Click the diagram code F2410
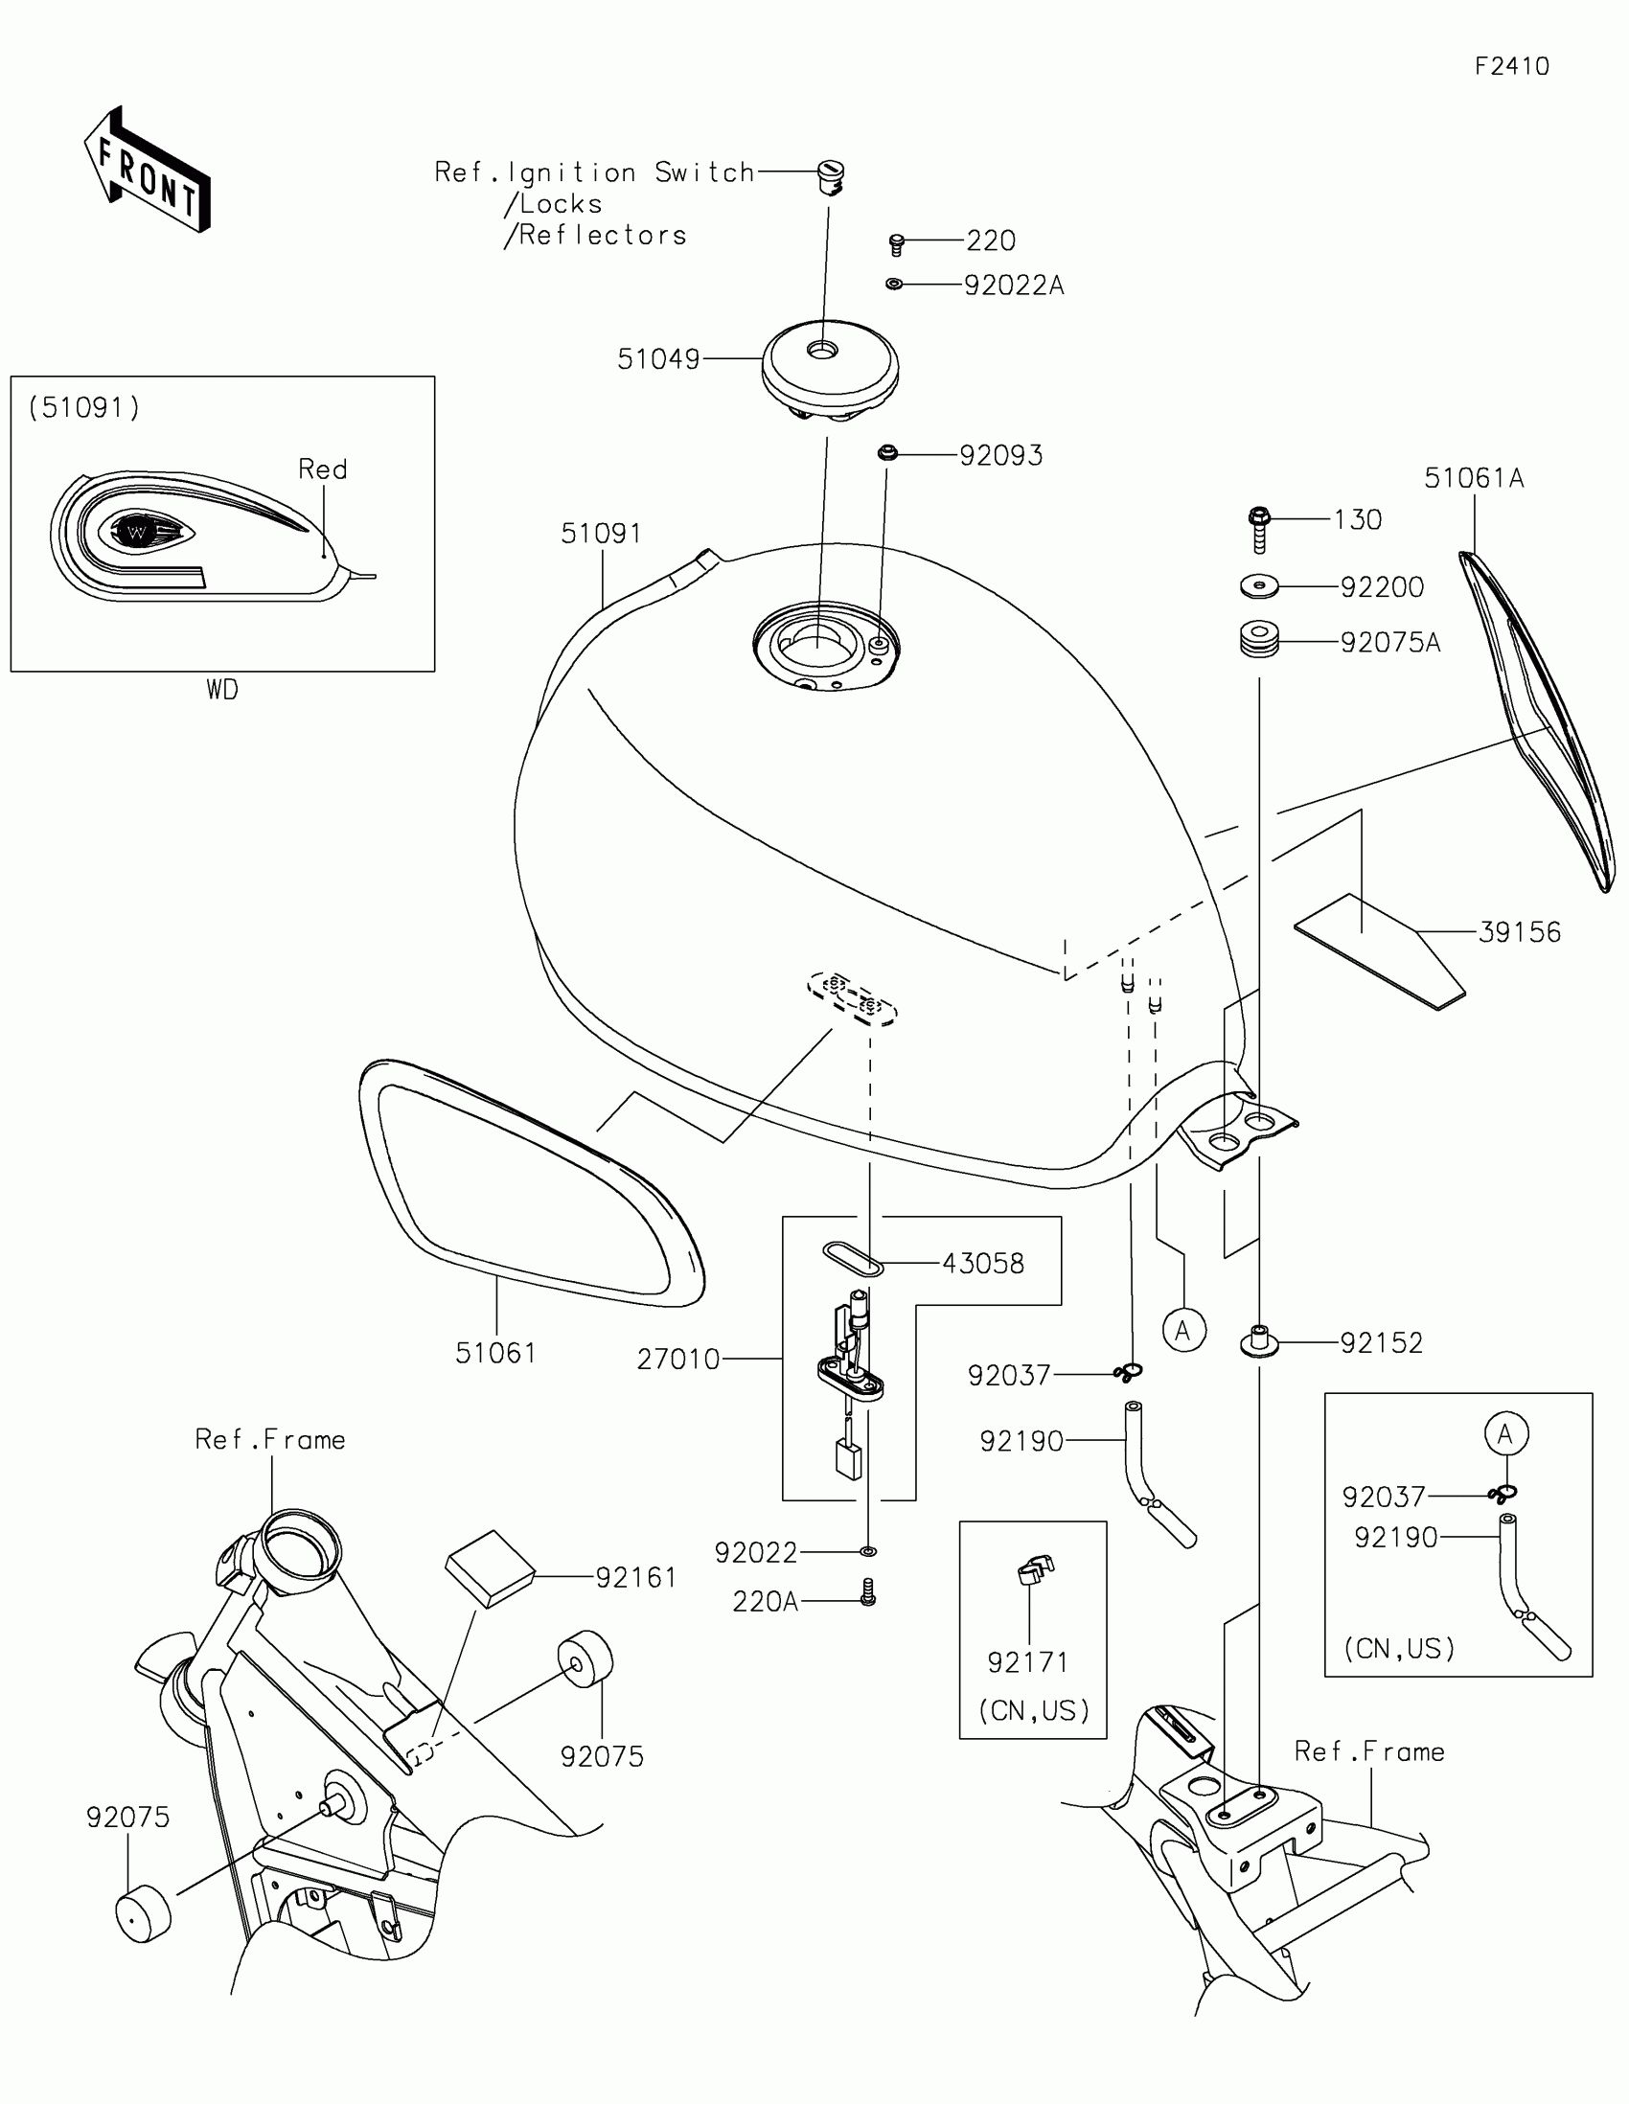[x=1511, y=66]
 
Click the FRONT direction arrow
[x=148, y=172]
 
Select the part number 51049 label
[x=658, y=359]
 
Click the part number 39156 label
[x=1519, y=932]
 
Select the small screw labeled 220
[x=896, y=244]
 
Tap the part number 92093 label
[x=1001, y=456]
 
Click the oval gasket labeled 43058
[x=852, y=1259]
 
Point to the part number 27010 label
[x=678, y=1360]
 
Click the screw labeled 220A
[x=868, y=1591]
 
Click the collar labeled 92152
[x=1258, y=1341]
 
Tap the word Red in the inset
[x=323, y=469]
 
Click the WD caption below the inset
[x=221, y=690]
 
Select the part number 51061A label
[x=1474, y=479]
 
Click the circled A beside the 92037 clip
[x=1184, y=1331]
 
